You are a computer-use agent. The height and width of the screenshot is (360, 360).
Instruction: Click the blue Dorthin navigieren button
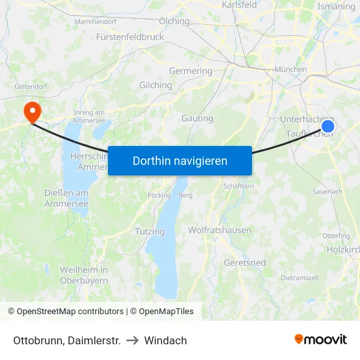point(180,160)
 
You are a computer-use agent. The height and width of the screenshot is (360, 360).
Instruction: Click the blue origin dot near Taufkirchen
point(328,126)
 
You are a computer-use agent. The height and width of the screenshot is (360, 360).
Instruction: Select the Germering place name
point(190,71)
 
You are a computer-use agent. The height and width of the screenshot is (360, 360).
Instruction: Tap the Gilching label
point(156,85)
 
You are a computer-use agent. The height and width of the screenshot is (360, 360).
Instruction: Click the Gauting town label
point(197,118)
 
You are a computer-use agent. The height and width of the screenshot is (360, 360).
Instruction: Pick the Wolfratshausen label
point(219,230)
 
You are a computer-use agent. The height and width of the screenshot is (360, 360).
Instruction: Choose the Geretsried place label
point(245,262)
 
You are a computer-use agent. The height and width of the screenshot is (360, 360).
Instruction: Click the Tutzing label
point(150,232)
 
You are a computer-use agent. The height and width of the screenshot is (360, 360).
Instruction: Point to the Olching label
point(174,21)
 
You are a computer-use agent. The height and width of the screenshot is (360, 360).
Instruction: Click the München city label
point(291,69)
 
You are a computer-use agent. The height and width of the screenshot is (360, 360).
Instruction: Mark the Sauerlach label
point(327,192)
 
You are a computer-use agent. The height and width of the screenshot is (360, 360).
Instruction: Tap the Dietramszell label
point(299,278)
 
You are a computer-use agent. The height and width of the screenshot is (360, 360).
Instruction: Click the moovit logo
point(321,340)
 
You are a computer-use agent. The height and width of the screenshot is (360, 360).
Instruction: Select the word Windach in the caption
point(166,340)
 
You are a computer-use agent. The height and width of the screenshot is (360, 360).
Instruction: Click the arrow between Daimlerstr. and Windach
point(132,340)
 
